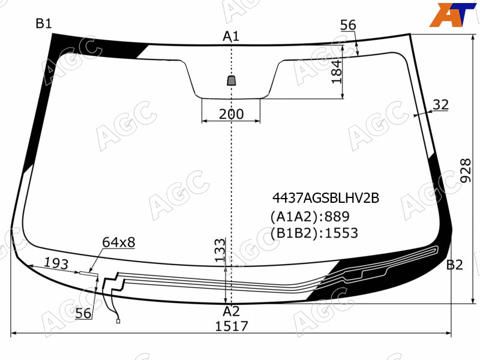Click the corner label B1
click(44, 23)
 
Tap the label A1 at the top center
click(231, 37)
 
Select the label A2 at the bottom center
click(231, 311)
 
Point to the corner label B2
click(455, 265)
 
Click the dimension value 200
click(232, 114)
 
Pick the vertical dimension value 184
click(337, 71)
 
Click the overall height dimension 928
click(466, 170)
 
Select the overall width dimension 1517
click(232, 326)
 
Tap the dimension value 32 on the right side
click(441, 104)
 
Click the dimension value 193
click(56, 263)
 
